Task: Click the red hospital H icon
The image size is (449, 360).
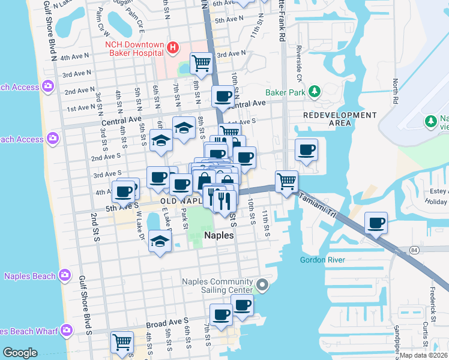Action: click(173, 47)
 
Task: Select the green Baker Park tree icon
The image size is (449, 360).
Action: click(313, 91)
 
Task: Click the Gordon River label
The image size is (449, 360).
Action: click(323, 260)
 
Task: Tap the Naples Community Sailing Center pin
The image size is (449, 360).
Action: click(262, 284)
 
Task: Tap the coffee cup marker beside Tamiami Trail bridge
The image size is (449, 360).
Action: click(376, 223)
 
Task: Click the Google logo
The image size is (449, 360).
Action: click(20, 352)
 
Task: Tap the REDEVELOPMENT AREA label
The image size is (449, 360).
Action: click(340, 119)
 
